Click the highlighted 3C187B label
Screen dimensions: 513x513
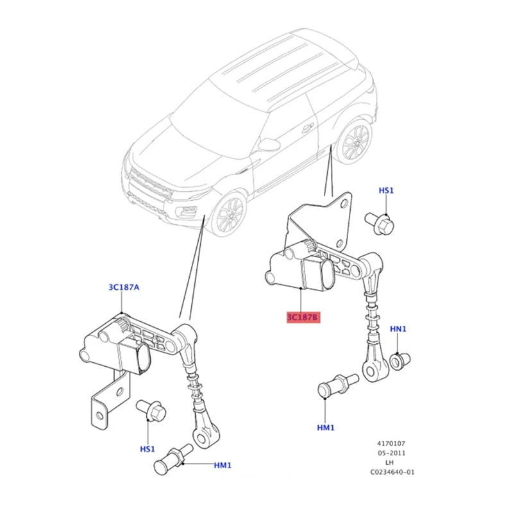coord(302,318)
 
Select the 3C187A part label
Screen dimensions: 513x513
coord(124,288)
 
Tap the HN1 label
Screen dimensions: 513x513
coord(398,329)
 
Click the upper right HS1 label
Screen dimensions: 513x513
coord(386,190)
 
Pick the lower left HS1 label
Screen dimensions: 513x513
coord(148,449)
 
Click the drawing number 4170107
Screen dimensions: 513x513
coord(391,443)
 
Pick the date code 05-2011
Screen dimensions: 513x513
coord(391,453)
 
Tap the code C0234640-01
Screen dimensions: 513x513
coord(391,473)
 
